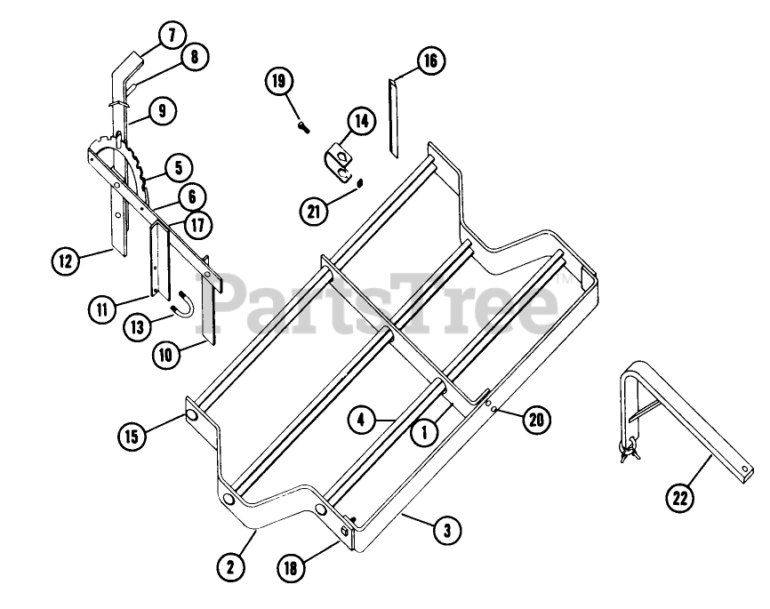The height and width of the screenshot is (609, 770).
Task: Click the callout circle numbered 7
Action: [x=172, y=36]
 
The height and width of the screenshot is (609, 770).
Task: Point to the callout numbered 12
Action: [x=66, y=261]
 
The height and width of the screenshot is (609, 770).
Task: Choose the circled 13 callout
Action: [x=136, y=328]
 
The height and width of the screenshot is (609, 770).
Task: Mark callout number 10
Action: [x=166, y=352]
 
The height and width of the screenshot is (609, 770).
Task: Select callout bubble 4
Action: [x=360, y=420]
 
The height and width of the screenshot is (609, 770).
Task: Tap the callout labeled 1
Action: [x=425, y=432]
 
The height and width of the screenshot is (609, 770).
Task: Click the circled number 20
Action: [x=535, y=421]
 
